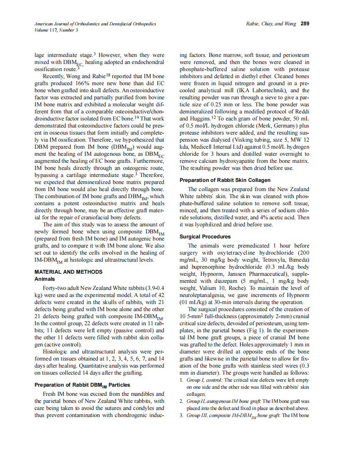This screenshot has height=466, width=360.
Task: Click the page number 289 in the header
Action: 305,24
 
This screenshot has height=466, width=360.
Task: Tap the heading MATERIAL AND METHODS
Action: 68,272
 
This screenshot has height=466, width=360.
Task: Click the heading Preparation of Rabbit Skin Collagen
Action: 225,180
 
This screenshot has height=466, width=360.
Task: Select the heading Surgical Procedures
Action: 205,237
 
